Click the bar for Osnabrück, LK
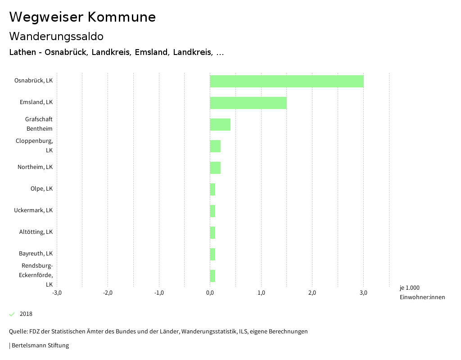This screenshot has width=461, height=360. [x=287, y=81]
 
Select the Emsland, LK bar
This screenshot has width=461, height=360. [x=249, y=103]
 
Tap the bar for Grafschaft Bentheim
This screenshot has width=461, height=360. [x=220, y=124]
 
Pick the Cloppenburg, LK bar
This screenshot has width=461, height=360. [x=215, y=146]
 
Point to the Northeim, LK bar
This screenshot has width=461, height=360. [x=215, y=168]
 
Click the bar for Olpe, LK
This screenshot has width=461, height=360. [x=212, y=189]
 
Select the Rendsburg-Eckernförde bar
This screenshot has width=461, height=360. [x=212, y=276]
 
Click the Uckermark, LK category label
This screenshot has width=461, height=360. [x=33, y=210]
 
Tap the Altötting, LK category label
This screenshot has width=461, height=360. [x=36, y=232]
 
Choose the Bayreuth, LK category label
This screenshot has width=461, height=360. [x=36, y=254]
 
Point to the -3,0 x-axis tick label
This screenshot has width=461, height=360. [x=57, y=293]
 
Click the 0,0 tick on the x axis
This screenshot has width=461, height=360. [x=210, y=293]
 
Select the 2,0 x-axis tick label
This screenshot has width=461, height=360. [x=312, y=293]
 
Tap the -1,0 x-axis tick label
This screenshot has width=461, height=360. [x=159, y=293]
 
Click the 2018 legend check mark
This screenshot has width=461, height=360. [x=12, y=314]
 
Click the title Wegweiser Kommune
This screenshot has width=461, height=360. [x=82, y=17]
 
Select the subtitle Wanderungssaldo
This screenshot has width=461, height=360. [x=56, y=36]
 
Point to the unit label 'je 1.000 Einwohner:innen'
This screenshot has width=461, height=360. [x=422, y=292]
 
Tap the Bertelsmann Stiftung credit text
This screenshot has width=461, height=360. [x=40, y=346]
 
